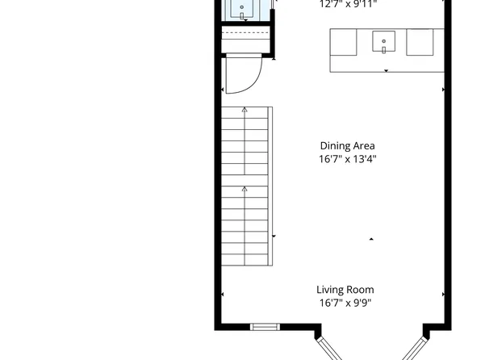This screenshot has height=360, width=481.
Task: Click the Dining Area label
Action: (x=347, y=146)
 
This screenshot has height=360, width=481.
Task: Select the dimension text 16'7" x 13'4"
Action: (x=347, y=159)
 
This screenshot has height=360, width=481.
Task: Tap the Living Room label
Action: (x=345, y=290)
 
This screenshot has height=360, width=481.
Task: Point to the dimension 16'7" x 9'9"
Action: (x=345, y=303)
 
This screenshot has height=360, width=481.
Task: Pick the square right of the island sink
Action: (x=420, y=42)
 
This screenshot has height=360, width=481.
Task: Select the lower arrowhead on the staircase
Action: (x=245, y=189)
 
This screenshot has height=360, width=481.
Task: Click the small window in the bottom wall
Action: (x=263, y=327)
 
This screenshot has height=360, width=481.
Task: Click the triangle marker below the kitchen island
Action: (x=386, y=71)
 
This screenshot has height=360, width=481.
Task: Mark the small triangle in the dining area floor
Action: (x=371, y=239)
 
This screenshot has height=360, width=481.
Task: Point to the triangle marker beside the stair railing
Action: (x=274, y=236)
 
